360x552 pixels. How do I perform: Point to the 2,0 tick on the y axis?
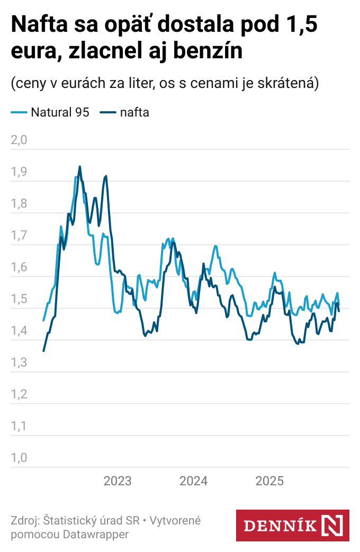tap(19, 140)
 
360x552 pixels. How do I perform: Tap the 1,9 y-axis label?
tap(19, 172)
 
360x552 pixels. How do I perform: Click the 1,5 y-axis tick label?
tap(19, 299)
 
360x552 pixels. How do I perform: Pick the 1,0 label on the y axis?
tap(19, 458)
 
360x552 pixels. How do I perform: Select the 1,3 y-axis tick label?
tap(19, 363)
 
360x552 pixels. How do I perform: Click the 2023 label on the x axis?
tap(118, 481)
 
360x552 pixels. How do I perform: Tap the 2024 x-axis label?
tap(194, 481)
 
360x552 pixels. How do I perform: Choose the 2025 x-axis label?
tap(270, 481)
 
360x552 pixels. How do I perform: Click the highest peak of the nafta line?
tap(80, 166)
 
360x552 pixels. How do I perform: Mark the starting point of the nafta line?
tap(43, 351)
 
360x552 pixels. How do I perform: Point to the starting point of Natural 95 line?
tap(43, 320)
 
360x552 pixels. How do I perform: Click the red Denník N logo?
tap(292, 526)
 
